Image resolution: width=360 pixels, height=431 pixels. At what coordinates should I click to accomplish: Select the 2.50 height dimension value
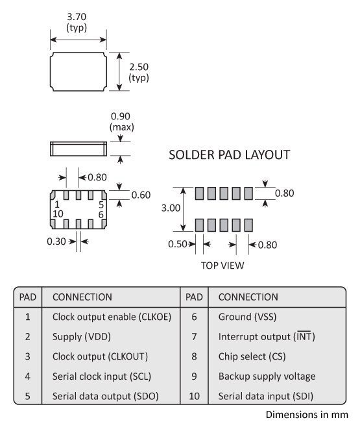coord(138,68)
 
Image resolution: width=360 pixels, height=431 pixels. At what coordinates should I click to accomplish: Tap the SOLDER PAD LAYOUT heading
coord(229,155)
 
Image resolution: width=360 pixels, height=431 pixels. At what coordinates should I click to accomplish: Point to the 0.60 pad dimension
coord(141,194)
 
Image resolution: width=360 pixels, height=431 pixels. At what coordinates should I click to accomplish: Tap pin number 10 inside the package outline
coord(58,214)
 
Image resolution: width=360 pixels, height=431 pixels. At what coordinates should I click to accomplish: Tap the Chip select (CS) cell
coord(253,356)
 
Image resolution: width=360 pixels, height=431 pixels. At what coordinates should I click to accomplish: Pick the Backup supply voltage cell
coord(266,376)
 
